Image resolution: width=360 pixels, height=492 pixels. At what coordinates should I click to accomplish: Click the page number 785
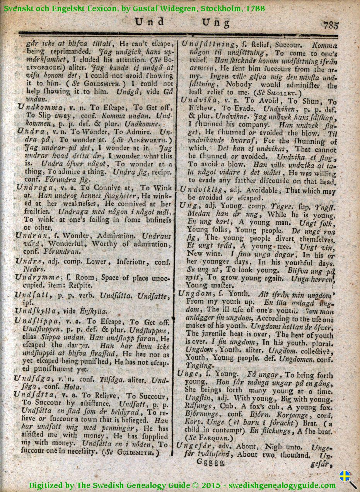pyautogui.click(x=331, y=26)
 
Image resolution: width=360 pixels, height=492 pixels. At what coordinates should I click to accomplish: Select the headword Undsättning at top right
pyautogui.click(x=208, y=44)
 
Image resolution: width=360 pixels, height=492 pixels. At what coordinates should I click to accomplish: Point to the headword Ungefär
pyautogui.click(x=194, y=445)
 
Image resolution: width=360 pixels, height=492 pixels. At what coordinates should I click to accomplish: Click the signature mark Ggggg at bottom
pyautogui.click(x=210, y=462)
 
